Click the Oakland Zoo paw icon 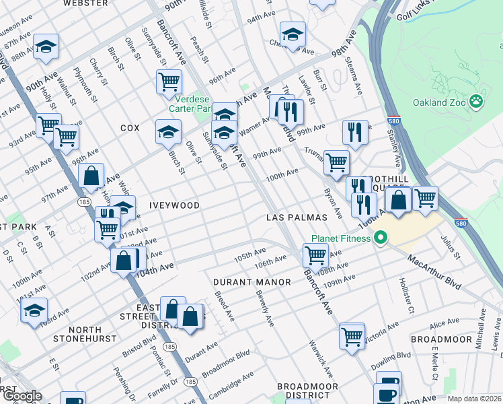pyautogui.click(x=476, y=102)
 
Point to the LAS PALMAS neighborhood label pyautogui.click(x=297, y=217)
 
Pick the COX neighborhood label pyautogui.click(x=130, y=127)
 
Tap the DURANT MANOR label pyautogui.click(x=252, y=281)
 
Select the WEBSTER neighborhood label pyautogui.click(x=85, y=3)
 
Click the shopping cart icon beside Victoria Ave pyautogui.click(x=352, y=337)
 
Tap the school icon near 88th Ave pyautogui.click(x=46, y=46)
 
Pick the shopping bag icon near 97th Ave pyautogui.click(x=91, y=176)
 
